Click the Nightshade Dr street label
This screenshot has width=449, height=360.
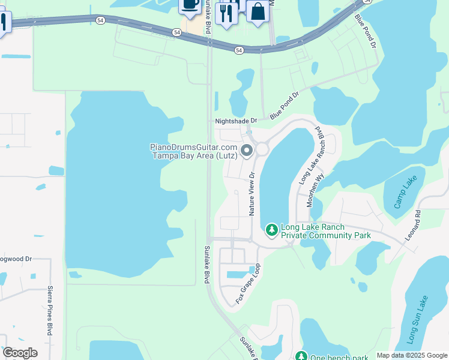pyautogui.click(x=236, y=121)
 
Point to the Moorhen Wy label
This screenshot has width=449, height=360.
pyautogui.click(x=316, y=191)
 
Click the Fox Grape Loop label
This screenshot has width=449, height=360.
pyautogui.click(x=248, y=283)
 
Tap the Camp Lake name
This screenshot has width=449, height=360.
pyautogui.click(x=405, y=192)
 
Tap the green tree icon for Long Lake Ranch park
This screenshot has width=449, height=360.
pyautogui.click(x=271, y=230)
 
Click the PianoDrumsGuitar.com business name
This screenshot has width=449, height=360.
pyautogui.click(x=194, y=151)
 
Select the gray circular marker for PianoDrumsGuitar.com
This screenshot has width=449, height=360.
pyautogui.click(x=247, y=151)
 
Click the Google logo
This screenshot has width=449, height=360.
pyautogui.click(x=20, y=353)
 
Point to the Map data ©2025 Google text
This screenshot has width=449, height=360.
pyautogui.click(x=412, y=355)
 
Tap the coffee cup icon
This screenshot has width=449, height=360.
pyautogui.click(x=190, y=5)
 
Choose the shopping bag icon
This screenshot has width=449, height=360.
pyautogui.click(x=258, y=11)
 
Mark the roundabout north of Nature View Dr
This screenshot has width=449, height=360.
pyautogui.click(x=262, y=149)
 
